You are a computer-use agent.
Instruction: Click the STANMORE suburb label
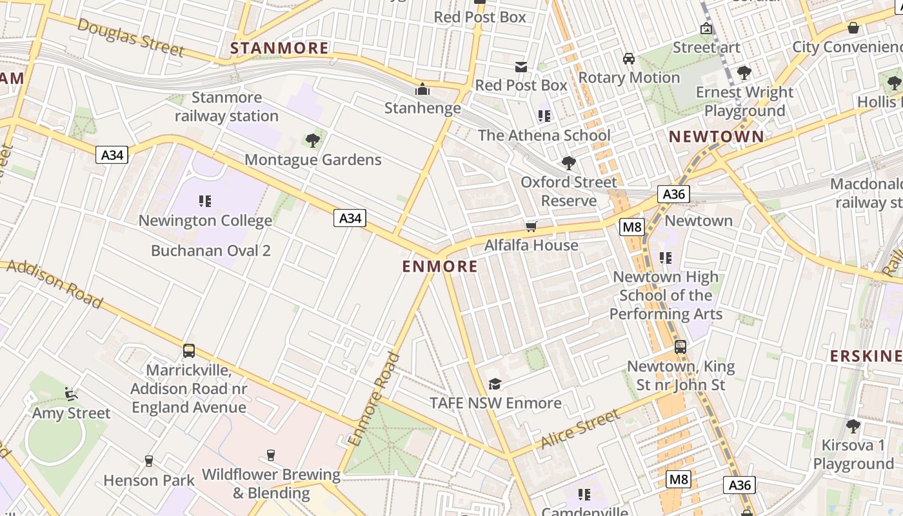279,48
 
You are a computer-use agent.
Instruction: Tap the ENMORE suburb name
440,266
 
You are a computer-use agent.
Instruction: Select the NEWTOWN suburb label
716,137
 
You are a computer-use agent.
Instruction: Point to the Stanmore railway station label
226,107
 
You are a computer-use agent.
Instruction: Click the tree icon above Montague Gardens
313,140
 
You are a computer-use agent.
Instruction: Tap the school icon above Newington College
205,201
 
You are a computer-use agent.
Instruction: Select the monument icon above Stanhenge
422,89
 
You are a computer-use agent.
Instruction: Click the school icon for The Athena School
544,116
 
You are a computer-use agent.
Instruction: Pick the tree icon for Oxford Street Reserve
568,163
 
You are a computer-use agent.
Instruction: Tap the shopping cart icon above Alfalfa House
531,226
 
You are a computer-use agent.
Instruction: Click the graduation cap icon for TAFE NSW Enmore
495,384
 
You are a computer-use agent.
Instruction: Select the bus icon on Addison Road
189,351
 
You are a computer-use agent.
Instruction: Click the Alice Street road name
580,431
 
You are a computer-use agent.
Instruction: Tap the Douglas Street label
131,37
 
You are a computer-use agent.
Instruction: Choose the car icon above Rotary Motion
628,59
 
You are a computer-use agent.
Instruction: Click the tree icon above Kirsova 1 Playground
853,426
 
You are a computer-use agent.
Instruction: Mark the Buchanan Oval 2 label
211,251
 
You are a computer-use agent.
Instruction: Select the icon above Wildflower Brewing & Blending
270,455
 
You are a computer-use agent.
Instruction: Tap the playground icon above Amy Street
71,393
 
